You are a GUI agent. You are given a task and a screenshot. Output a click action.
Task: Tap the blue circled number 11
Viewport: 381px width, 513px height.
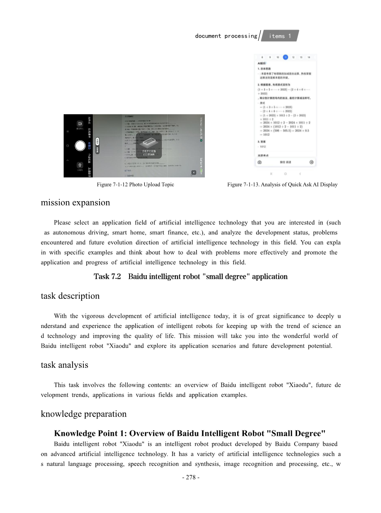click(x=286, y=57)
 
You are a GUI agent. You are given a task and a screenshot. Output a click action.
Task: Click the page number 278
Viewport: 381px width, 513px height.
click(x=190, y=478)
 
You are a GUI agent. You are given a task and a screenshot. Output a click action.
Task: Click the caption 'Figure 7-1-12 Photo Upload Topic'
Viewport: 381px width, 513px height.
click(x=135, y=185)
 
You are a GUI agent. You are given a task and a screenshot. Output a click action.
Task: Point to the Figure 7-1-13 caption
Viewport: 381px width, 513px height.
click(x=282, y=185)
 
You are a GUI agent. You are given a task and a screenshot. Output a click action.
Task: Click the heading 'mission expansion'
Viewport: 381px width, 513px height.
click(x=75, y=203)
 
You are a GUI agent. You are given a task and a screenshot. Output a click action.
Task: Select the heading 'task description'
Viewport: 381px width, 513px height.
click(x=70, y=296)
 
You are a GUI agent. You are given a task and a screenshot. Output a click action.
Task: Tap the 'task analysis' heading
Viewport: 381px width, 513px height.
click(x=64, y=365)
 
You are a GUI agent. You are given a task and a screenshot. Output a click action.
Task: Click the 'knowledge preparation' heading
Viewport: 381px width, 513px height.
click(x=83, y=414)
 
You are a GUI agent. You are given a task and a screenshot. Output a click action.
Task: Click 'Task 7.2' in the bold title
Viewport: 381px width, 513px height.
click(x=108, y=276)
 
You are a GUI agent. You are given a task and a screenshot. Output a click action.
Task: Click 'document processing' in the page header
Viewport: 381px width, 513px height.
click(x=226, y=36)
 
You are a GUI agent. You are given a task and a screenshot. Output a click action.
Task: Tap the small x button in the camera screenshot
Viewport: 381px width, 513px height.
click(x=194, y=172)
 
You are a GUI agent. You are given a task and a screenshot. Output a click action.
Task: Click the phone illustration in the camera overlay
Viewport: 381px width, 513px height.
click(x=147, y=142)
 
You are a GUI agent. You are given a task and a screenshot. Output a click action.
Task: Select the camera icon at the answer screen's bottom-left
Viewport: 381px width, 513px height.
click(x=260, y=162)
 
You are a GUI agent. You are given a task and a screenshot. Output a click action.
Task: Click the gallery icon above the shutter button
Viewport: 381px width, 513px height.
click(x=80, y=124)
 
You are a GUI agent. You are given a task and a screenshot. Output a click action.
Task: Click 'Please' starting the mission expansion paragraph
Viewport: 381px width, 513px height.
click(x=62, y=223)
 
